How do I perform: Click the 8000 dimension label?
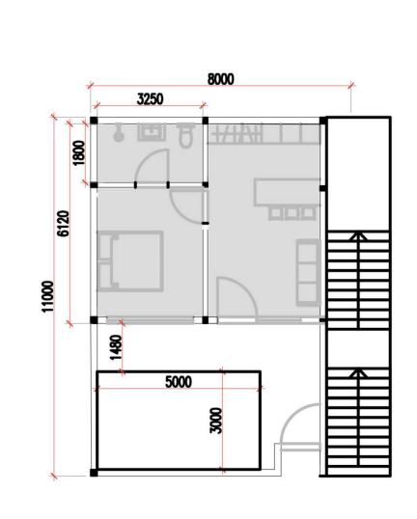click(x=221, y=79)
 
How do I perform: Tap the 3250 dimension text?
click(x=150, y=99)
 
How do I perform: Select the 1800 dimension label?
click(x=79, y=153)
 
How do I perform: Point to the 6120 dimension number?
click(x=64, y=224)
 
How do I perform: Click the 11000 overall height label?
click(x=47, y=296)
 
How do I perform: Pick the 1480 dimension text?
click(x=116, y=347)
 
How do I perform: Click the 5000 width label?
click(x=179, y=382)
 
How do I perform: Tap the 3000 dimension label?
click(x=216, y=421)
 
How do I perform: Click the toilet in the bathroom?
click(x=185, y=135)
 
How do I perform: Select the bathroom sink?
click(x=152, y=132)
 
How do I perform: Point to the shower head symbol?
click(x=118, y=132)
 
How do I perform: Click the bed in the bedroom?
click(x=130, y=261)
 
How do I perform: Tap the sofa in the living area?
click(x=308, y=273)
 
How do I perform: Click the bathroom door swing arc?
click(x=143, y=158)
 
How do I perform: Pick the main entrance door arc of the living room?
click(x=246, y=287)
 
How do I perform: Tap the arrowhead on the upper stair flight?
click(x=358, y=235)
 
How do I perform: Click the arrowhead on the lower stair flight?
click(x=358, y=373)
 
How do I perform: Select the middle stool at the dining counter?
click(x=292, y=213)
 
